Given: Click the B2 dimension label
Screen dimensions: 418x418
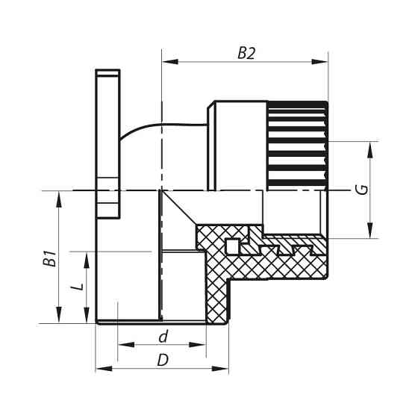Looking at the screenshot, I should click(x=246, y=53).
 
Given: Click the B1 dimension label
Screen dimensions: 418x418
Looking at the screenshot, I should click(x=50, y=259).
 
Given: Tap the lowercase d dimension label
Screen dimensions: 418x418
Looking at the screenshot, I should click(x=163, y=337).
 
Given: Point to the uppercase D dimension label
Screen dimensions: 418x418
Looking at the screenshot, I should click(x=162, y=360).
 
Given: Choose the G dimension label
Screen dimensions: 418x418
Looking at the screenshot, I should click(x=361, y=190).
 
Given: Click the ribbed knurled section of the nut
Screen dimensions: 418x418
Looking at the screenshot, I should click(x=297, y=144).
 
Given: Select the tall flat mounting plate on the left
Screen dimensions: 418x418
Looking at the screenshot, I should click(x=107, y=142).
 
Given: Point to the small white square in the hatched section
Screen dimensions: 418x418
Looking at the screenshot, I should click(x=234, y=246).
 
